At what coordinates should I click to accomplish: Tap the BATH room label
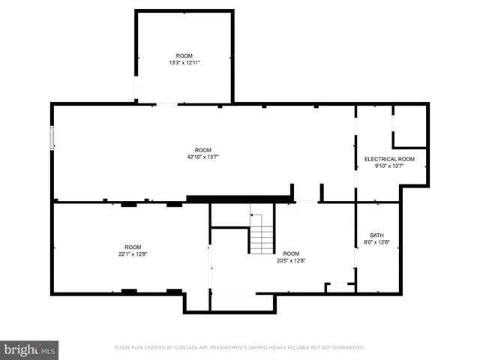pos(376,235)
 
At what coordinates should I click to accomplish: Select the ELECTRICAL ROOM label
pos(389,159)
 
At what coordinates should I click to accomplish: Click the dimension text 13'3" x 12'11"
pos(184,63)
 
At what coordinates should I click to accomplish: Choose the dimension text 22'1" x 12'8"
pos(133,254)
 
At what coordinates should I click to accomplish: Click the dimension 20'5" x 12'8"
pos(291,260)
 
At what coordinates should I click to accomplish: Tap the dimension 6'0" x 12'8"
pos(376,242)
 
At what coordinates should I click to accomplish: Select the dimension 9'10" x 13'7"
pos(389,166)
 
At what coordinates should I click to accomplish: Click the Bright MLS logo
pos(30,349)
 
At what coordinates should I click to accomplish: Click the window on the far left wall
pos(52,139)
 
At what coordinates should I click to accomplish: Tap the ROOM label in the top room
pos(184,56)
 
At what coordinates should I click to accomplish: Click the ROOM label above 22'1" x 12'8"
pos(133,247)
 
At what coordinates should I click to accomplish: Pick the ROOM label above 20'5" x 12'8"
pos(291,253)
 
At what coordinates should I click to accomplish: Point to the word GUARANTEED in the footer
pos(349,348)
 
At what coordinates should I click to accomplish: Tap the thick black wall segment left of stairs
pos(238,198)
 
